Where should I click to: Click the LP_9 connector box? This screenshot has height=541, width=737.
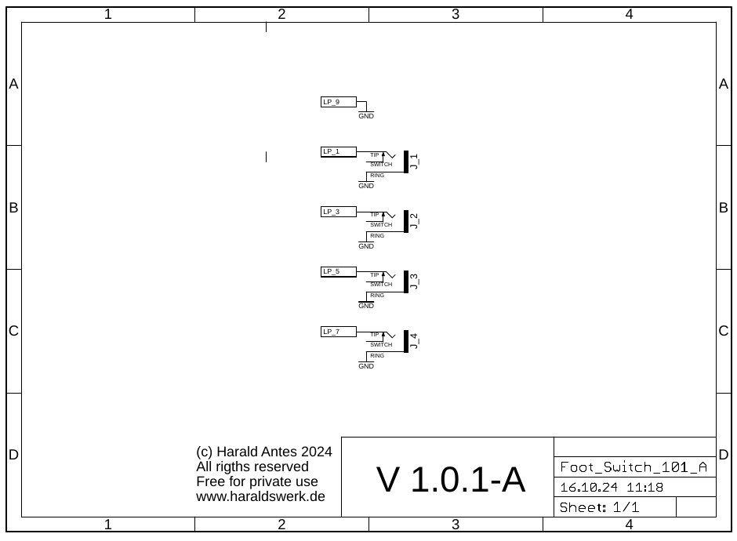(339, 102)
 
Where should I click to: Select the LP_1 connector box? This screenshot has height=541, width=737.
(339, 151)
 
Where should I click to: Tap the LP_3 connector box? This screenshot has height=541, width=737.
(339, 212)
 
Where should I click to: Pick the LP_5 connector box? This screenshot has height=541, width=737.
(339, 271)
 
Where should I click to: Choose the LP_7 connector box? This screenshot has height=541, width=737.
(339, 332)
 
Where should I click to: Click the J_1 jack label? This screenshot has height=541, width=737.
(414, 162)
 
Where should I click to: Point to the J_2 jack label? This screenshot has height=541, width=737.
(414, 221)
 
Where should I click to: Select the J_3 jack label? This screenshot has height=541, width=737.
(414, 281)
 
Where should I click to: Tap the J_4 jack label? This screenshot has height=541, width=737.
(414, 341)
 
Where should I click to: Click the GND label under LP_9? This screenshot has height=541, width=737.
(366, 116)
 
